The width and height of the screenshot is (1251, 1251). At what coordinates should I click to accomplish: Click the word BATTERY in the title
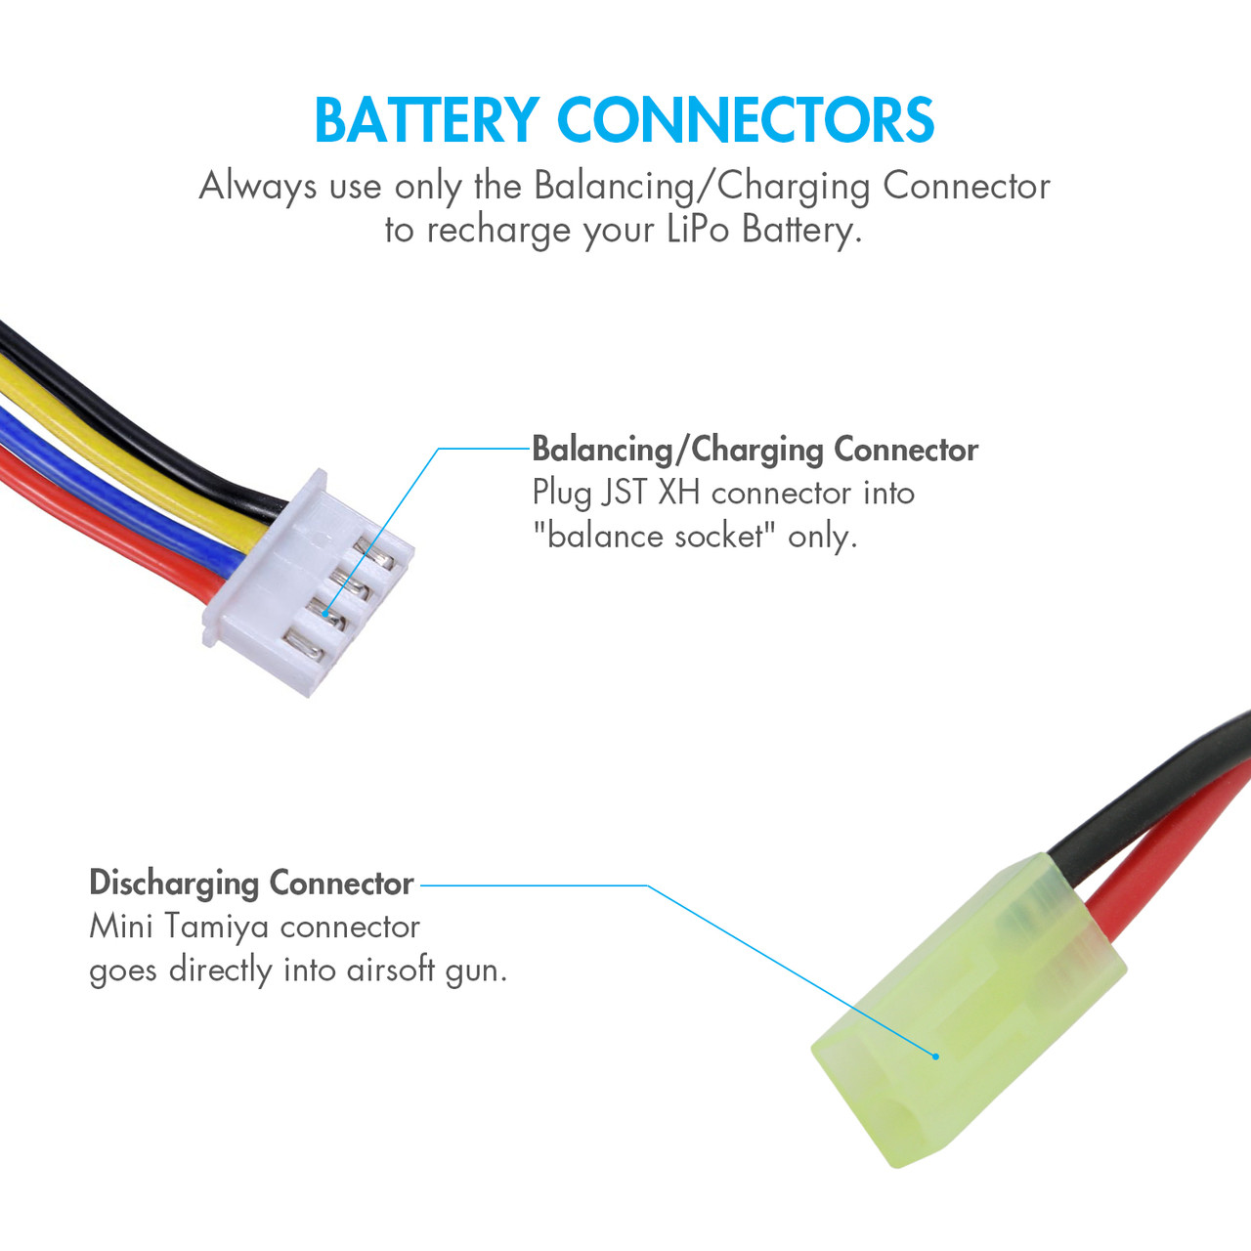click(x=426, y=121)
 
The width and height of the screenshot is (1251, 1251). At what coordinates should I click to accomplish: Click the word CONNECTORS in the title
click(x=746, y=121)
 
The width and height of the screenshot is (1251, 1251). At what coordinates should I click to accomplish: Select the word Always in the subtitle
click(x=258, y=186)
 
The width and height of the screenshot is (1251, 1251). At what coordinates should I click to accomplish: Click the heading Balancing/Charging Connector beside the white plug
click(x=755, y=450)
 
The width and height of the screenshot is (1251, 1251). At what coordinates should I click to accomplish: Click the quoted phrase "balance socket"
click(x=654, y=537)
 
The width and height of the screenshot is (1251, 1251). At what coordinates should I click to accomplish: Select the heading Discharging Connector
click(x=251, y=884)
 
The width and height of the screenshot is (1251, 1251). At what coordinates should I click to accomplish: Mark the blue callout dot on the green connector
click(x=935, y=1057)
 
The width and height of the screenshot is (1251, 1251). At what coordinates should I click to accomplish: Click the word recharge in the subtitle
click(x=498, y=231)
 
